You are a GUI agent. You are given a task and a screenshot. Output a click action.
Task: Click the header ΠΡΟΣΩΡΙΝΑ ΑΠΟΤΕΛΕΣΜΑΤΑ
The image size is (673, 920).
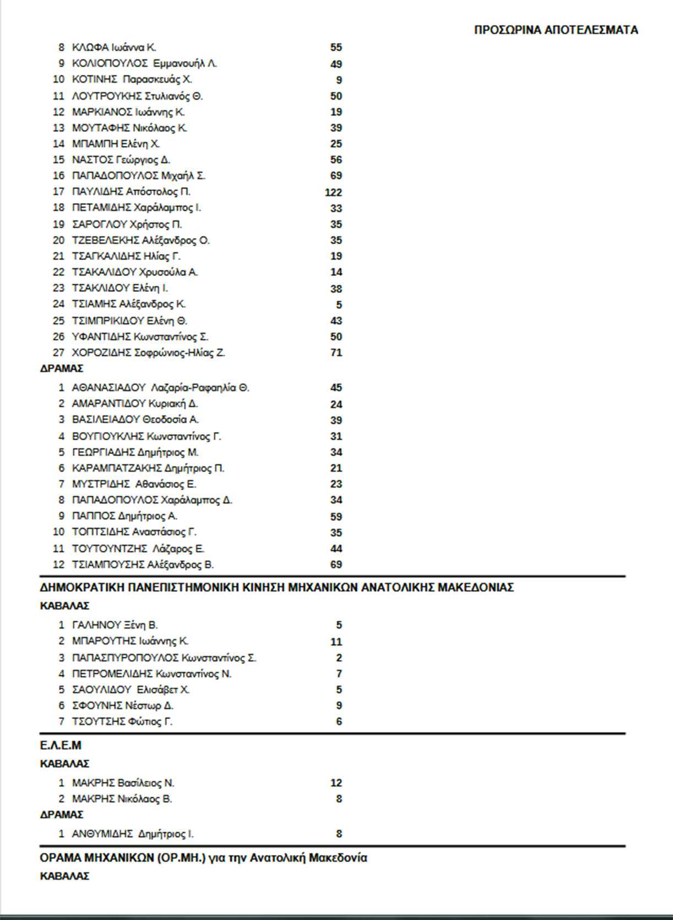pyautogui.click(x=556, y=30)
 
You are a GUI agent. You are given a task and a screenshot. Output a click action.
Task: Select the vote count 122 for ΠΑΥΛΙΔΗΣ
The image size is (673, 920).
pyautogui.click(x=333, y=192)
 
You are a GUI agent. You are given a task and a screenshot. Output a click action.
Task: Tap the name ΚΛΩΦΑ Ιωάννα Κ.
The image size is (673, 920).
pyautogui.click(x=114, y=47)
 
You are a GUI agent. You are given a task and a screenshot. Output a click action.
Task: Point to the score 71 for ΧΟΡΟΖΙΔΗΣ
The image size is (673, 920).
pyautogui.click(x=336, y=353)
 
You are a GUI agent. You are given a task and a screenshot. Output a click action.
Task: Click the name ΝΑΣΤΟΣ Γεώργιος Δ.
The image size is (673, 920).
pyautogui.click(x=121, y=160)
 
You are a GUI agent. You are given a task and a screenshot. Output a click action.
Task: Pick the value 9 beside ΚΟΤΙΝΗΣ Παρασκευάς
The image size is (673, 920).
pyautogui.click(x=339, y=80)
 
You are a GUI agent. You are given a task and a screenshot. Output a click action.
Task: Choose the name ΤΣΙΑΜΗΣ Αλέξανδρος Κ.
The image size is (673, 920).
pyautogui.click(x=129, y=304)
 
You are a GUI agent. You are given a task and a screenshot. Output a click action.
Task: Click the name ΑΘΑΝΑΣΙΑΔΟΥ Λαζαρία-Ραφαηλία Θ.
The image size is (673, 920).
pyautogui.click(x=160, y=388)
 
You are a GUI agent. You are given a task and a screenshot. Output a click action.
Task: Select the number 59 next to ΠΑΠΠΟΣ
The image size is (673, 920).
pyautogui.click(x=336, y=517)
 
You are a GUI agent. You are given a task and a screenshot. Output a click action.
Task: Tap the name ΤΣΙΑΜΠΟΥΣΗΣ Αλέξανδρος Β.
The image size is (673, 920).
pyautogui.click(x=143, y=565)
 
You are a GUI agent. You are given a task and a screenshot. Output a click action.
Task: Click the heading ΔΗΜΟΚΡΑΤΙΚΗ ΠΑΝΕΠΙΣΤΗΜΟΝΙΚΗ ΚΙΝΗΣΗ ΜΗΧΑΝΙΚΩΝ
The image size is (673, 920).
pyautogui.click(x=276, y=588)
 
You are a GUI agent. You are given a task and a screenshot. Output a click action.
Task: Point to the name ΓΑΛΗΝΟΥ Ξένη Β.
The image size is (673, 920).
pyautogui.click(x=115, y=625)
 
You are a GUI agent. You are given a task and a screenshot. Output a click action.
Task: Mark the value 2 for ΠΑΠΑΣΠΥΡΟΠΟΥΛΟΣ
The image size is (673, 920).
pyautogui.click(x=339, y=658)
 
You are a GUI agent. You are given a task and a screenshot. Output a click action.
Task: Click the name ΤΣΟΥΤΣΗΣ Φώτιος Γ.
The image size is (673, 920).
pyautogui.click(x=122, y=722)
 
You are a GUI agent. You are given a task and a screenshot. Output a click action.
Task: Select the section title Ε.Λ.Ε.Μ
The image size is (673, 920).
pyautogui.click(x=61, y=746)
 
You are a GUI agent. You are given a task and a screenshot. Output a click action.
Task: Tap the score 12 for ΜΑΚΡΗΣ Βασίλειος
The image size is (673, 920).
pyautogui.click(x=336, y=783)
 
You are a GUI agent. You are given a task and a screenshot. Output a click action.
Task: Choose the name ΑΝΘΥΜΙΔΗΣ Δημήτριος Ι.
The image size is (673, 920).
pyautogui.click(x=133, y=834)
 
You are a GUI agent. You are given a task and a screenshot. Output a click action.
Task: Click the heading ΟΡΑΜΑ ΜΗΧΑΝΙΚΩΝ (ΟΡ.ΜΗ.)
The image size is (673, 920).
pyautogui.click(x=203, y=858)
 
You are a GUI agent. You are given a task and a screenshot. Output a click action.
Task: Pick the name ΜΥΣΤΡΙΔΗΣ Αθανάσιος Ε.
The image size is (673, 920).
pyautogui.click(x=134, y=484)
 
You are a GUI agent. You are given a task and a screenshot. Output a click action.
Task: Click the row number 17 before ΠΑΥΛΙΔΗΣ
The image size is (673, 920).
pyautogui.click(x=58, y=192)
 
